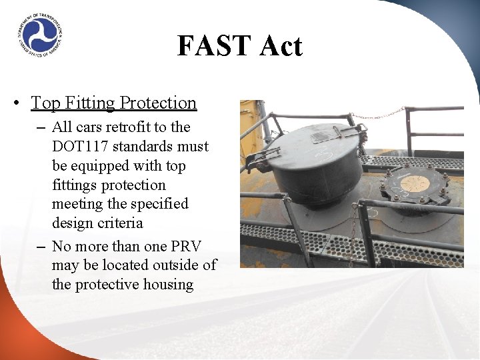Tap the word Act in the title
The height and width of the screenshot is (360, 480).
[x=280, y=46]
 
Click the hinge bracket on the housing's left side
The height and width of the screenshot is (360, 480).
[x=262, y=159]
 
